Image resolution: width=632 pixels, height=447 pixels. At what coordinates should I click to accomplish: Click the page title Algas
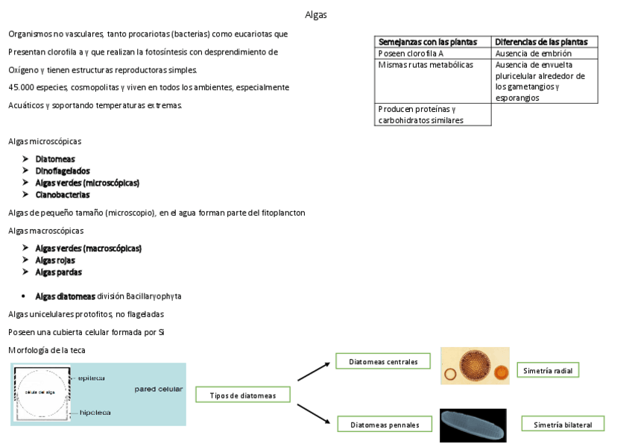pyautogui.click(x=316, y=15)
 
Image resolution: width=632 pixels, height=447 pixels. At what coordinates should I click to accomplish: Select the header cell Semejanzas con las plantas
pyautogui.click(x=427, y=42)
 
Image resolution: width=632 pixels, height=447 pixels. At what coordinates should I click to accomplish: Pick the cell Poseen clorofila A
pyautogui.click(x=411, y=54)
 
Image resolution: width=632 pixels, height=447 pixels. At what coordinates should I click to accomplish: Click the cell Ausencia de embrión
pyautogui.click(x=533, y=54)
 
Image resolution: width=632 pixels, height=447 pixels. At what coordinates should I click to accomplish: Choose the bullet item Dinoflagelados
pyautogui.click(x=63, y=171)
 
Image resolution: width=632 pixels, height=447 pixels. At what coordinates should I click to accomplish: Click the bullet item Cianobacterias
pyautogui.click(x=63, y=195)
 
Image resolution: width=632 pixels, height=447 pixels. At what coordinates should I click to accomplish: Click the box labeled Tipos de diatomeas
pyautogui.click(x=243, y=396)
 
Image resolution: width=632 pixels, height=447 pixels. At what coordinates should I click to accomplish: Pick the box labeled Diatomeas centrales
pyautogui.click(x=383, y=362)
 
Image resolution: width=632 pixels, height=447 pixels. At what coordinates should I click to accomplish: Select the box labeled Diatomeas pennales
pyautogui.click(x=385, y=425)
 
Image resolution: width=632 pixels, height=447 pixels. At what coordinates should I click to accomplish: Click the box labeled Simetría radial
pyautogui.click(x=548, y=370)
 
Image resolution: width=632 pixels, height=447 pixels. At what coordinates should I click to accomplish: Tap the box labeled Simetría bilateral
pyautogui.click(x=563, y=424)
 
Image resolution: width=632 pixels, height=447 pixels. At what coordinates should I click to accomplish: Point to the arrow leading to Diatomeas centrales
pyautogui.click(x=314, y=370)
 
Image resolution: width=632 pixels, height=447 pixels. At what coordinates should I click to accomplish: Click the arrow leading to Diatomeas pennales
pyautogui.click(x=314, y=414)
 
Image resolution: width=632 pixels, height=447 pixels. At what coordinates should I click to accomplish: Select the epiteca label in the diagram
pyautogui.click(x=91, y=378)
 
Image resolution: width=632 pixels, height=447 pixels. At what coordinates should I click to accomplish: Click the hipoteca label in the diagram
pyautogui.click(x=95, y=412)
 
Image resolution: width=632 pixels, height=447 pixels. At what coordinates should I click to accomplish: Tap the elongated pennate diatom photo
pyautogui.click(x=473, y=425)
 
